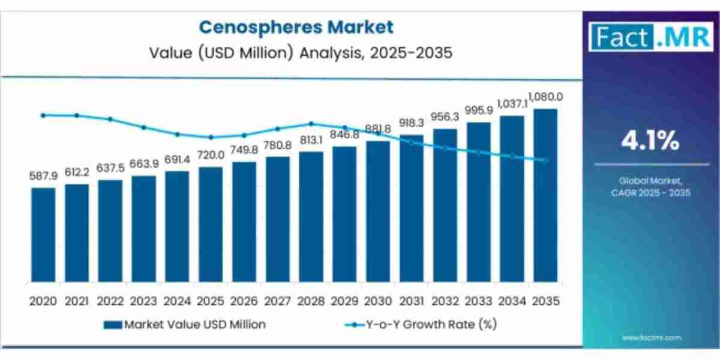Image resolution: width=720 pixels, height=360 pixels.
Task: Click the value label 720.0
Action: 210,155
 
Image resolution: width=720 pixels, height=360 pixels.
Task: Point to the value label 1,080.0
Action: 545,97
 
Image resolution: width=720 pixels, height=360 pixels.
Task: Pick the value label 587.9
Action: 43,176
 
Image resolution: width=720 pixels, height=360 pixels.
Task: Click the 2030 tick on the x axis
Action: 377,301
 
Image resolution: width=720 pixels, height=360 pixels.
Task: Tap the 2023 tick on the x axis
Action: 143,301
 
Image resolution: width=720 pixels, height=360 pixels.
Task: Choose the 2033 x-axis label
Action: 478,301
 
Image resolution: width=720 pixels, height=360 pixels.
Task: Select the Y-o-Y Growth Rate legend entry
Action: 421,325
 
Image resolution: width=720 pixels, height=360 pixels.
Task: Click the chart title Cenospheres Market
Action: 296,27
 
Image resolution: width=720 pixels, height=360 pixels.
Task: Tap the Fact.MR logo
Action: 650,36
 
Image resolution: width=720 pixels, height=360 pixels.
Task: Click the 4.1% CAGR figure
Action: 650,142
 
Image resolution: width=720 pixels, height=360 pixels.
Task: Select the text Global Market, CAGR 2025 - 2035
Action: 650,187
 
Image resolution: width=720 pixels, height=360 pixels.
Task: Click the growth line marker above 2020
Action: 43,115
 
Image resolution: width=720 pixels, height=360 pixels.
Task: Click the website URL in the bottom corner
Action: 651,338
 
